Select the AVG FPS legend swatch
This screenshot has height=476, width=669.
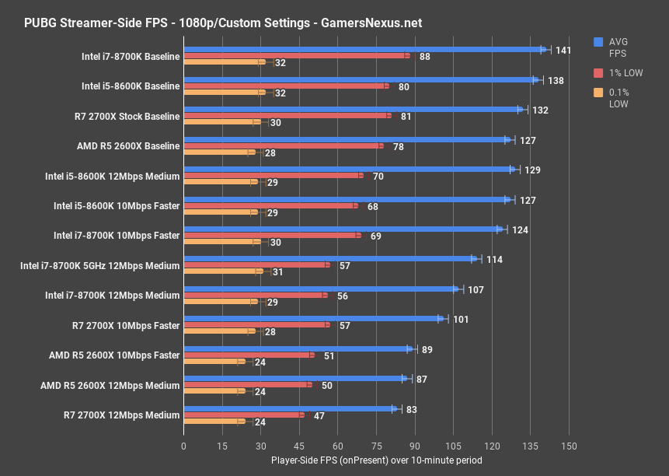tap(598, 42)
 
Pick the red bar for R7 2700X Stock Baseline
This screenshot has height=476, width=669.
tap(287, 116)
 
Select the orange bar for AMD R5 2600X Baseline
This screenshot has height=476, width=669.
tap(219, 152)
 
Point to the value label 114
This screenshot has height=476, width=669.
tap(494, 259)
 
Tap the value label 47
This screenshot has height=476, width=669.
tap(319, 416)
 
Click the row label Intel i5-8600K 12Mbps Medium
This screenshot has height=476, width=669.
tap(113, 176)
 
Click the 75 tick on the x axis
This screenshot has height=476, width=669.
tap(376, 446)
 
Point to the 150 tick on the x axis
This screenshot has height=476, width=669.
tap(569, 446)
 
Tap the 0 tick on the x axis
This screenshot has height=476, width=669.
tap(183, 446)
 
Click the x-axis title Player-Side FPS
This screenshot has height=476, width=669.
tap(376, 460)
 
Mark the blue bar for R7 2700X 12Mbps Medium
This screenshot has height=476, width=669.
tap(290, 408)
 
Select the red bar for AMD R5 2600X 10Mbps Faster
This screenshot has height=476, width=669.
tap(249, 355)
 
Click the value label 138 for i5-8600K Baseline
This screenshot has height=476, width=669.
tap(556, 80)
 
